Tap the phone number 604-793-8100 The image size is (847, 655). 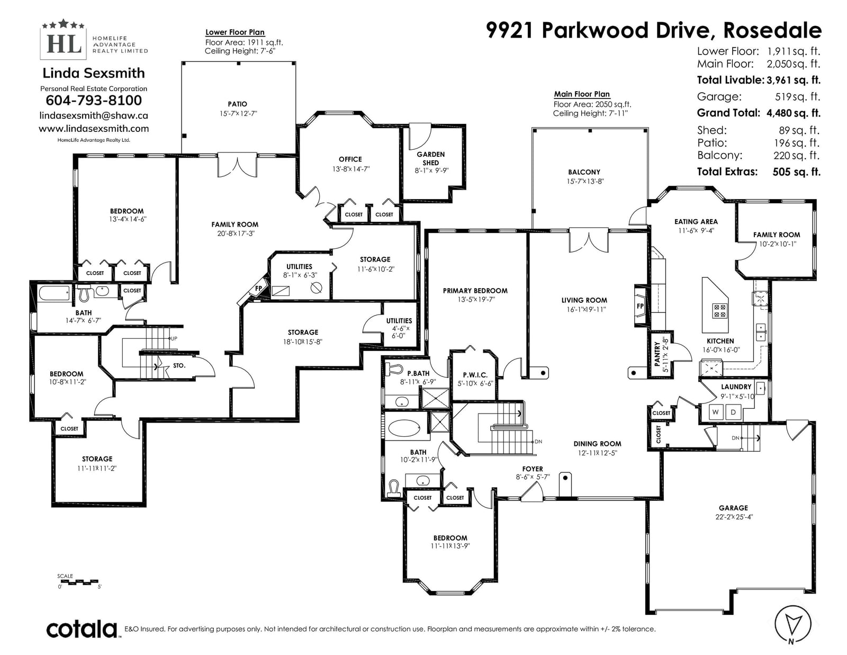point(94,101)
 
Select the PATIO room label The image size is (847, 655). point(237,104)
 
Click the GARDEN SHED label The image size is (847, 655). point(431,158)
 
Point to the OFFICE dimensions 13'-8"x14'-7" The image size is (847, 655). point(350,169)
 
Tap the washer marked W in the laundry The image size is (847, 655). point(715,412)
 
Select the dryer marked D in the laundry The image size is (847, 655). point(733,412)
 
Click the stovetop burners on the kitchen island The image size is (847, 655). point(719,311)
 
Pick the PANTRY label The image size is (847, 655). point(657,354)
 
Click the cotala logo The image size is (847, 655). point(82,629)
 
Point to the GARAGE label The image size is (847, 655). point(734,508)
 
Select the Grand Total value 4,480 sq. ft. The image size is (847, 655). point(793,113)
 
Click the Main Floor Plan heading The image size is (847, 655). point(582,94)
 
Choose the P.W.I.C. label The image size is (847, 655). point(475,375)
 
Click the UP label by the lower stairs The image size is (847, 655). point(174,338)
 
